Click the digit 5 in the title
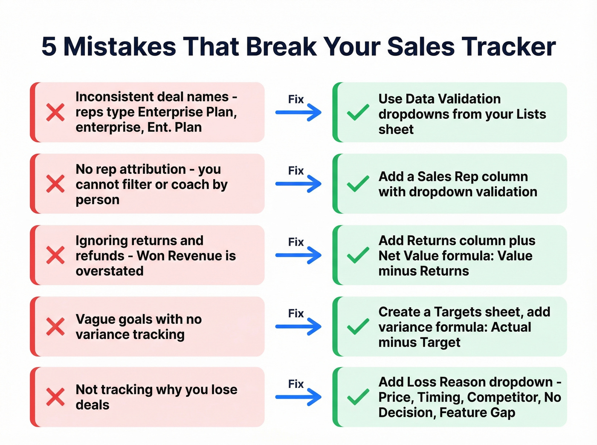(x=49, y=46)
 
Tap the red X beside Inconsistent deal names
(x=55, y=112)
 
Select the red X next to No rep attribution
(x=55, y=184)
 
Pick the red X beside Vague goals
(x=55, y=327)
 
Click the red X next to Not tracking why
(x=55, y=397)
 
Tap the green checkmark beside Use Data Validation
(x=358, y=112)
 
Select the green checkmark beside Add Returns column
(x=358, y=255)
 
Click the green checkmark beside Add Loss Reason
(x=358, y=397)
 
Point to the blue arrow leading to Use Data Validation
(x=298, y=113)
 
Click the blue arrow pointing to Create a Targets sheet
(x=298, y=327)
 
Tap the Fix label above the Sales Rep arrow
(x=296, y=171)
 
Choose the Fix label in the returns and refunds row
(x=296, y=242)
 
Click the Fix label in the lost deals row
(x=296, y=384)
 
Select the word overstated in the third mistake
(x=110, y=271)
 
